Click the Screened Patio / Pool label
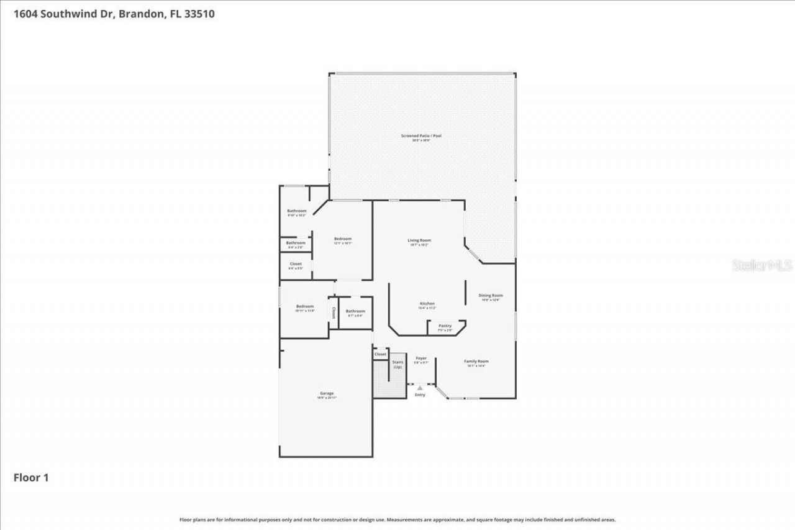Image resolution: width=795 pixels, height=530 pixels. (x=421, y=135)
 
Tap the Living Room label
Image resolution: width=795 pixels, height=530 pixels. (x=419, y=240)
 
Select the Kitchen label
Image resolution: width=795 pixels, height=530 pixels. (x=427, y=304)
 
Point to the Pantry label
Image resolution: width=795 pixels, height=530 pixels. (x=445, y=326)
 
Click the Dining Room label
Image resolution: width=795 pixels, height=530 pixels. (x=490, y=296)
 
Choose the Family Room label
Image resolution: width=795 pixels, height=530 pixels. (x=476, y=362)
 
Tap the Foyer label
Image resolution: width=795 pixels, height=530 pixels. (x=421, y=359)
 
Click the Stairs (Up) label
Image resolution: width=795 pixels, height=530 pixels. (x=397, y=364)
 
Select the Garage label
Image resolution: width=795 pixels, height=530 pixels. (x=327, y=393)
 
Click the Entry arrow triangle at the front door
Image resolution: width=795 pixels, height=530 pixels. (x=420, y=388)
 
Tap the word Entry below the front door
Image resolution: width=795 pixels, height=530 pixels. (x=420, y=395)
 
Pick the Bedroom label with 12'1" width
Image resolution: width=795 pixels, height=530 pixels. (x=342, y=239)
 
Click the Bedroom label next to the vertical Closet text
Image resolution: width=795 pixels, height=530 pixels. (x=305, y=306)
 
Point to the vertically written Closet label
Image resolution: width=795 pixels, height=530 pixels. (x=334, y=312)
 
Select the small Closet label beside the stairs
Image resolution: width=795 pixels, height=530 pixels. (x=380, y=354)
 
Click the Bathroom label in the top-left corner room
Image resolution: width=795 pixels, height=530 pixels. (x=296, y=211)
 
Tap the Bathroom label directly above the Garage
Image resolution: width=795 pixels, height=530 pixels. (x=355, y=311)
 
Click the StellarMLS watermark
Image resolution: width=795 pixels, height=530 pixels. (x=762, y=265)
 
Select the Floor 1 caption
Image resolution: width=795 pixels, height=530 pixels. (x=31, y=478)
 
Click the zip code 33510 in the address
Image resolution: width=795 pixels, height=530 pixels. (x=201, y=14)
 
